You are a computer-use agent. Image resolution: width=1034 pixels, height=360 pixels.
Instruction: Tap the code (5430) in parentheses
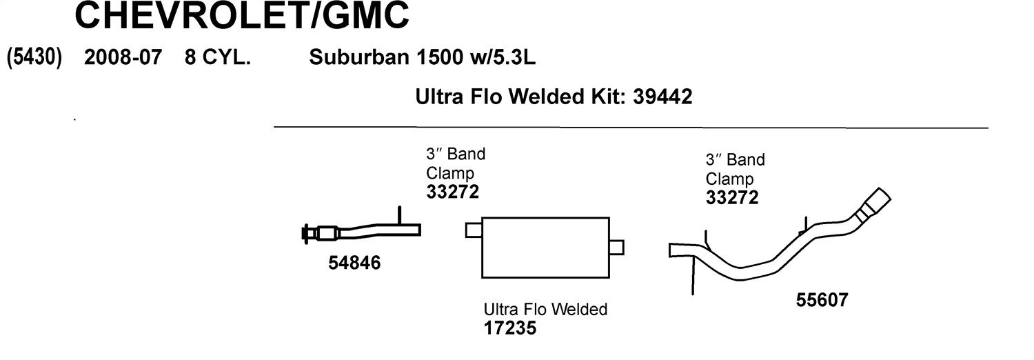[x=34, y=57]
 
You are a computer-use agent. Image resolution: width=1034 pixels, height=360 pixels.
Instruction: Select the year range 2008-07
[x=123, y=57]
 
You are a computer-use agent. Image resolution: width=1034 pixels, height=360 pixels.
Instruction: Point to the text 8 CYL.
[x=218, y=57]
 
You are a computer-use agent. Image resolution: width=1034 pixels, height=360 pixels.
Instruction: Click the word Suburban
[x=360, y=57]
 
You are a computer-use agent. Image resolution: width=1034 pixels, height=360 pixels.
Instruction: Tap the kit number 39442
[x=662, y=97]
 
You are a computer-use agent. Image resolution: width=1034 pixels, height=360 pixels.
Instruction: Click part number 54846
[x=354, y=263]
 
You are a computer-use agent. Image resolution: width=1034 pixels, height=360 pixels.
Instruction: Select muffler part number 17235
[x=510, y=328]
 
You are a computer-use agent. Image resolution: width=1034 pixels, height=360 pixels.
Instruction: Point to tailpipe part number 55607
[x=822, y=300]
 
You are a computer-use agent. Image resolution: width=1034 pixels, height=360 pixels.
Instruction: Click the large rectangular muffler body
[x=545, y=248]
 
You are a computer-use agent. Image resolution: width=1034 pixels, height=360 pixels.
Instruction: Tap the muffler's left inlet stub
[x=474, y=230]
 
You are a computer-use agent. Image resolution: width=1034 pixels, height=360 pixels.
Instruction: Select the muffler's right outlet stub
[x=617, y=248]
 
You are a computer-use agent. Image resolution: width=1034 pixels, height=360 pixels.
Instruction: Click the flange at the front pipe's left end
[x=305, y=234]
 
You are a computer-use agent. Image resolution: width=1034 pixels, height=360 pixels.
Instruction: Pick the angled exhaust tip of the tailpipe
[x=874, y=203]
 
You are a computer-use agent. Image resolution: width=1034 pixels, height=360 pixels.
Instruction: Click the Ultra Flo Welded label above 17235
[x=545, y=309]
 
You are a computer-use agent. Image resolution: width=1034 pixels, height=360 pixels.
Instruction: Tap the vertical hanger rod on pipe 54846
[x=400, y=216]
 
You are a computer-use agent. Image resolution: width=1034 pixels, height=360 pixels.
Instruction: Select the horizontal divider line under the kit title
[x=631, y=127]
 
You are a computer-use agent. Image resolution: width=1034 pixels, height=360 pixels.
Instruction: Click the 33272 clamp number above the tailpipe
[x=732, y=198]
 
